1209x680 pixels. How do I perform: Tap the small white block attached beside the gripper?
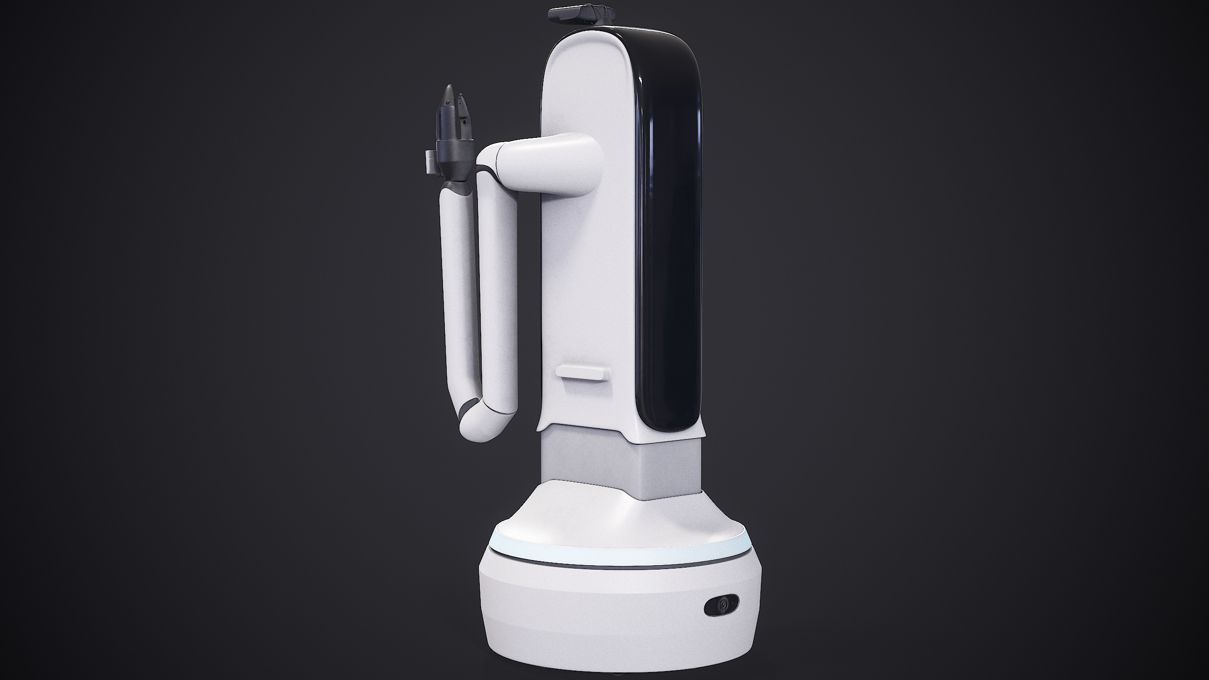100,161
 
